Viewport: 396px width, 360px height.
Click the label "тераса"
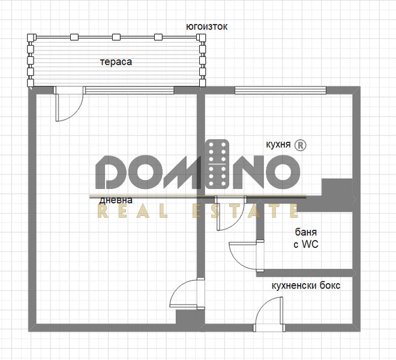[116, 62]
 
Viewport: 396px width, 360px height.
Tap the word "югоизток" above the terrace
[206, 26]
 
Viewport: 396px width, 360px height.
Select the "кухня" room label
[278, 145]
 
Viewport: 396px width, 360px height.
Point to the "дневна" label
[116, 200]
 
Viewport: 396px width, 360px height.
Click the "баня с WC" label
[306, 238]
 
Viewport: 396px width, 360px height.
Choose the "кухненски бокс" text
[306, 286]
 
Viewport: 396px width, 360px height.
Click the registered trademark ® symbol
[301, 145]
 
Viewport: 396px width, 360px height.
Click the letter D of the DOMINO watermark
[109, 172]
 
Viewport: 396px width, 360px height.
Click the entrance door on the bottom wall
[269, 314]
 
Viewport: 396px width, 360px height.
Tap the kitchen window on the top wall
[280, 90]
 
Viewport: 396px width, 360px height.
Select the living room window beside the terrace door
[130, 90]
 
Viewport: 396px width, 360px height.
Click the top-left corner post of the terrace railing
[31, 37]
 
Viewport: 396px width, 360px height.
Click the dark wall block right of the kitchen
[337, 195]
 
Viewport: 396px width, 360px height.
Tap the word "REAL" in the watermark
[133, 211]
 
